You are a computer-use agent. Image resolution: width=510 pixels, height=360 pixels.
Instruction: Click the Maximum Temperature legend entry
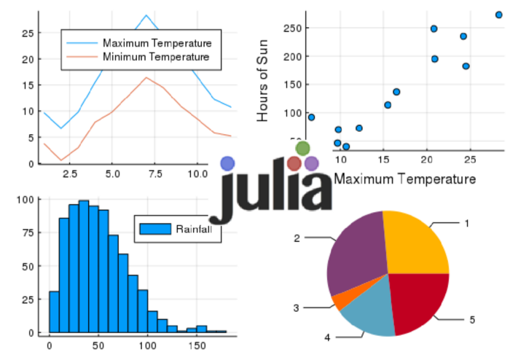click(157, 43)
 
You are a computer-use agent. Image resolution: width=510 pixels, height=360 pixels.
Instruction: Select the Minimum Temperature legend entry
click(156, 56)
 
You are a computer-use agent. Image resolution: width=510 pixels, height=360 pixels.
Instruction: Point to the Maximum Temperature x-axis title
click(404, 179)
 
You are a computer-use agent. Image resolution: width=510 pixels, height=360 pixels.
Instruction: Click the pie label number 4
click(327, 337)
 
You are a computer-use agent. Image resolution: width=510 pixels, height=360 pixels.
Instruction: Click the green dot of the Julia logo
click(303, 149)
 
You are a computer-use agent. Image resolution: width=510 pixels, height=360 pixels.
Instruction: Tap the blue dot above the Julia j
click(228, 163)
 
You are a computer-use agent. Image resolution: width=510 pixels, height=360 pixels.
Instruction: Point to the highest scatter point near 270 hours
click(499, 15)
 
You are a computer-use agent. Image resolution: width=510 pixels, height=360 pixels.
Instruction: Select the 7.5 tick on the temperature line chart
click(146, 175)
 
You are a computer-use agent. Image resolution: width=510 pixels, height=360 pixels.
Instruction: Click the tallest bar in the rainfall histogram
click(84, 267)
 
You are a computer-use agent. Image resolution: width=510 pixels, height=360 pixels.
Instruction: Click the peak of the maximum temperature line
click(146, 15)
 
